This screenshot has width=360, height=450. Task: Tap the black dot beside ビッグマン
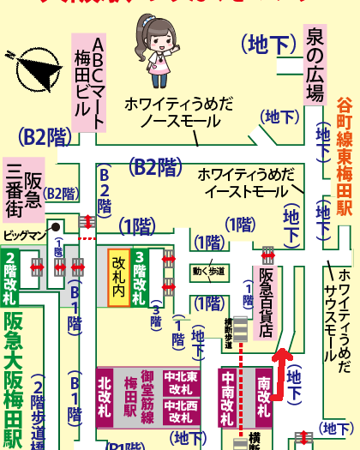(55, 227)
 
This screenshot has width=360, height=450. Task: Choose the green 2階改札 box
(10, 279)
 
